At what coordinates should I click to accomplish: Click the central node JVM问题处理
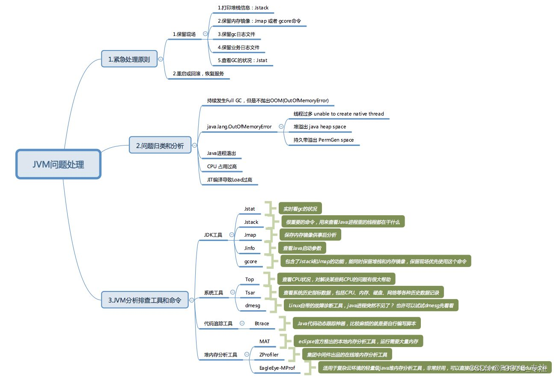tap(58, 164)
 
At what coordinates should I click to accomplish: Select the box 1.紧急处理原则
tap(129, 59)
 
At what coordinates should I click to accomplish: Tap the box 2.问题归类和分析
tap(159, 146)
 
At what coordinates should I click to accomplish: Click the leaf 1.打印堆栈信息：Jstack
tap(243, 8)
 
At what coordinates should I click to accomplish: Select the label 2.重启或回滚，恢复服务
tap(198, 74)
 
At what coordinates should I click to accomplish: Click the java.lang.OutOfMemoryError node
tap(239, 127)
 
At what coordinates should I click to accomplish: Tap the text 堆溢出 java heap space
tap(319, 127)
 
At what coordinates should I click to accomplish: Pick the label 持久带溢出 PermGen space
tap(323, 140)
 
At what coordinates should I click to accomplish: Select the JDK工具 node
tap(213, 235)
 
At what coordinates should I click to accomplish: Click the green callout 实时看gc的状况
tap(300, 209)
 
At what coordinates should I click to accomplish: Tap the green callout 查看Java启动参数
tap(302, 248)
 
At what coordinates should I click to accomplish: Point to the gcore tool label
tap(250, 261)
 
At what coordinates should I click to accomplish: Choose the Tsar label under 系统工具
tap(250, 293)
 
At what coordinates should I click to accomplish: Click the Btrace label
tap(262, 324)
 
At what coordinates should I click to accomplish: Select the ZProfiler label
tap(268, 355)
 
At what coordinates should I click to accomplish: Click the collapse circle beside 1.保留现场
tap(206, 34)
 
